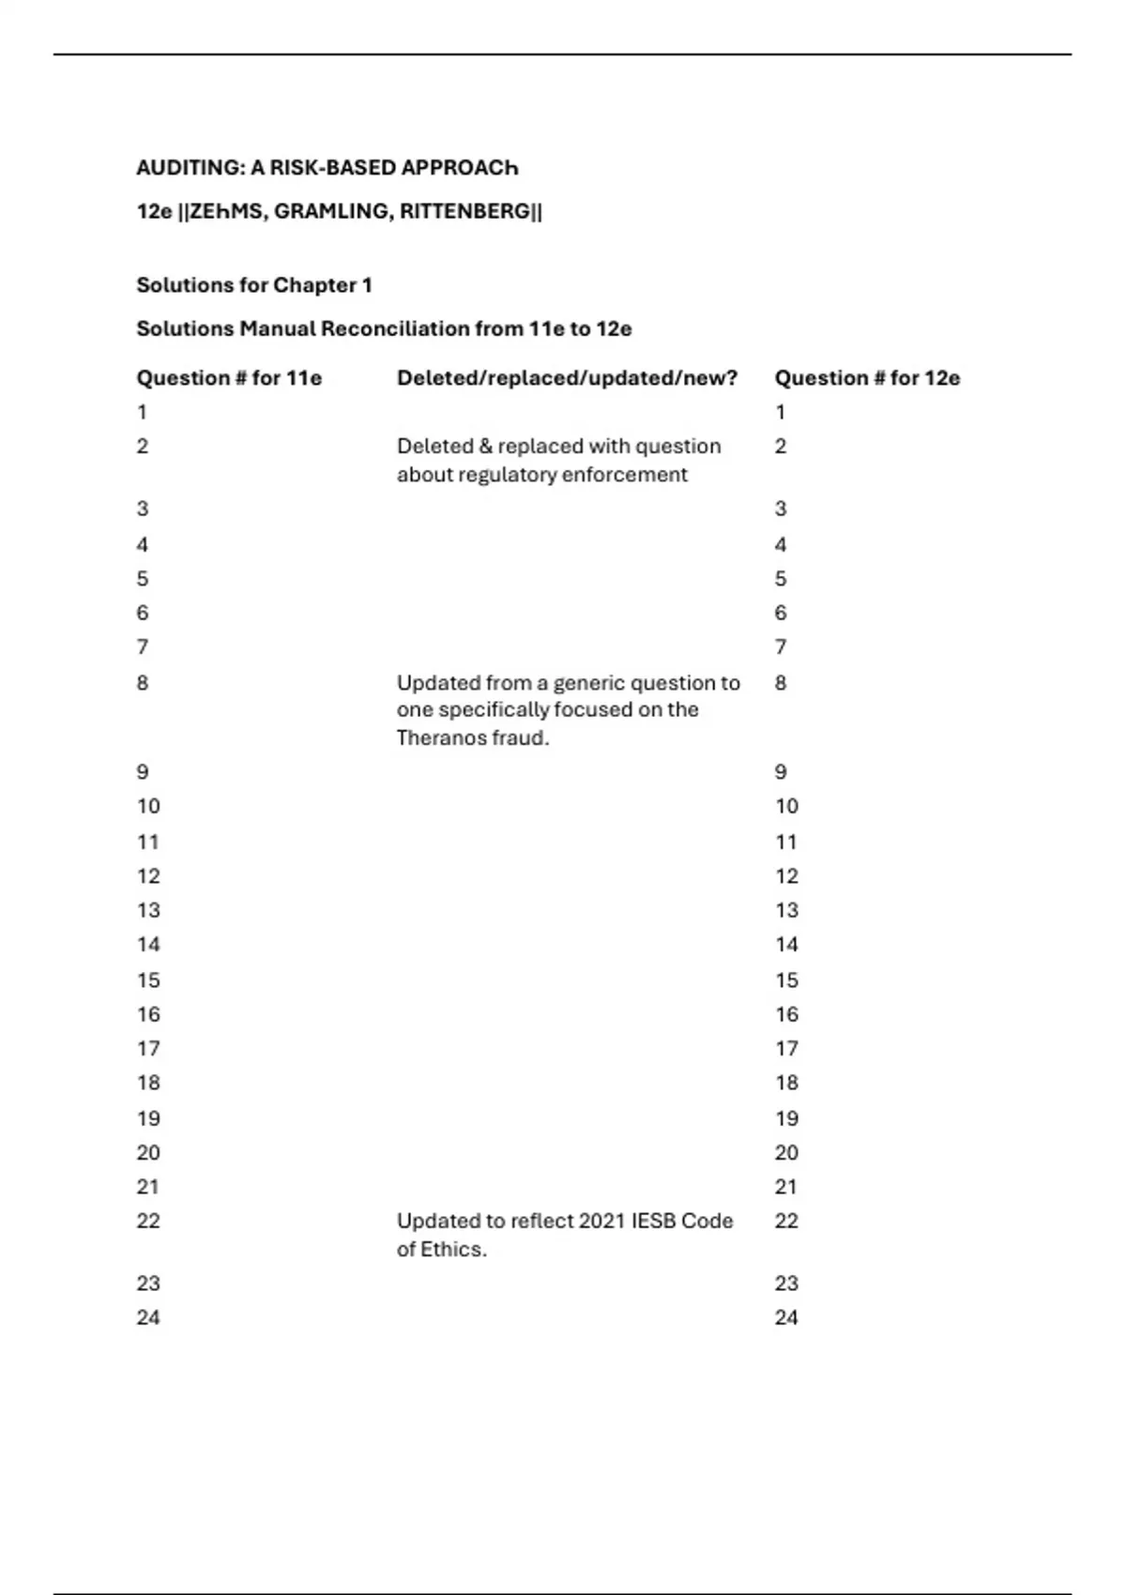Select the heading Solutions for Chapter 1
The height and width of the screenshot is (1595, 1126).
(x=254, y=285)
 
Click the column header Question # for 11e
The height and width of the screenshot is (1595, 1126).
(x=229, y=378)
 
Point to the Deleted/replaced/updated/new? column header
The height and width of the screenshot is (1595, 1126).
(x=567, y=378)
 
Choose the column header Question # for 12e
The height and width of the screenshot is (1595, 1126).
(x=867, y=378)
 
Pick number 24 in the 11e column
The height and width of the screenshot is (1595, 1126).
(x=148, y=1318)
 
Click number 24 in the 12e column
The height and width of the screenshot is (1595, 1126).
(x=786, y=1318)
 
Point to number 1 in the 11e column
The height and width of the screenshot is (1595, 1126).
(x=142, y=413)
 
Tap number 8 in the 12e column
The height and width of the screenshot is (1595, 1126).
(x=781, y=683)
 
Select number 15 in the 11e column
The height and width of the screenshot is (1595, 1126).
(x=148, y=980)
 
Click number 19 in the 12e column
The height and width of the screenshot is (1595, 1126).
(x=786, y=1118)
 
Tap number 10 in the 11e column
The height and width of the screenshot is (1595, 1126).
(x=148, y=807)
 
